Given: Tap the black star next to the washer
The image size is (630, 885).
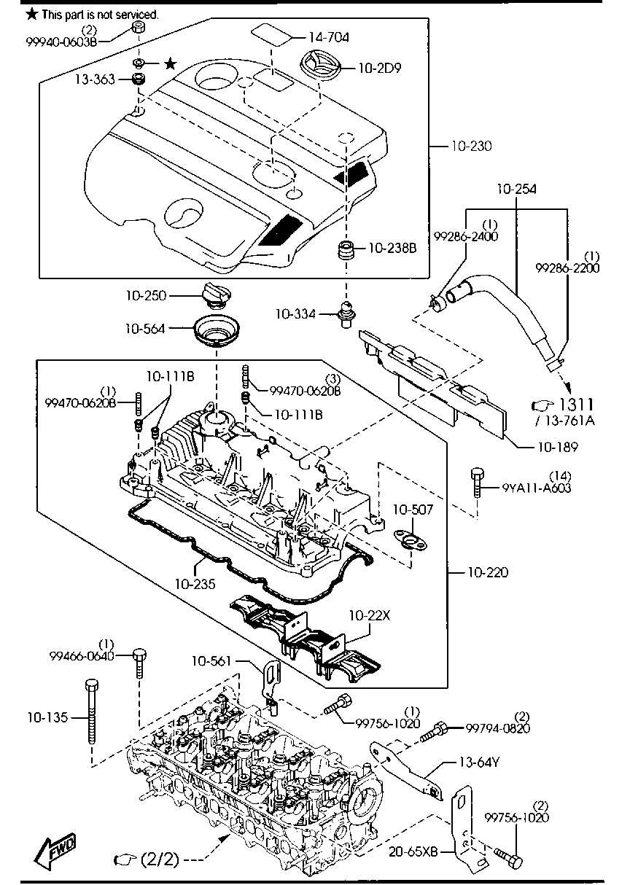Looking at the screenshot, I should [170, 64].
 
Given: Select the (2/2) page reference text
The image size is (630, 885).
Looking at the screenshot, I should [158, 859].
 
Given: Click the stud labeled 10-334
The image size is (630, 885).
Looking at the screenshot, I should [343, 316].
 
